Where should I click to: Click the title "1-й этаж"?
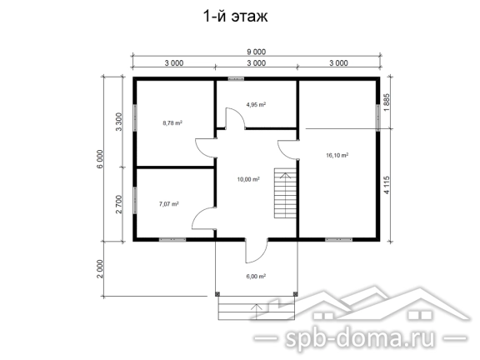(235, 16)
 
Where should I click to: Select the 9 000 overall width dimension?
(256, 52)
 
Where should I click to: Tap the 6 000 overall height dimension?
(101, 159)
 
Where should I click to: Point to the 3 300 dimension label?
(119, 122)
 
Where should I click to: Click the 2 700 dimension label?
(119, 204)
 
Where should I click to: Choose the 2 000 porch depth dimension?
(100, 269)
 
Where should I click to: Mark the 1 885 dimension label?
(387, 102)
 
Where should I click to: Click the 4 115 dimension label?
(387, 185)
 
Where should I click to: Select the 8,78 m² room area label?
(172, 123)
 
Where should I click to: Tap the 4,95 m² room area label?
(256, 105)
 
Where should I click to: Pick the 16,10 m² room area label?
(337, 156)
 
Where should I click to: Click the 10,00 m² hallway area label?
(248, 179)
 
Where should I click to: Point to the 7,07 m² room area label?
(169, 204)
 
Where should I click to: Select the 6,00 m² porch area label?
(256, 277)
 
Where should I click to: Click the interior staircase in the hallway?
(285, 192)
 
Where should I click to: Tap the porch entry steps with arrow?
(257, 308)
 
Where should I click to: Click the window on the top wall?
(236, 78)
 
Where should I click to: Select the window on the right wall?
(378, 117)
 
